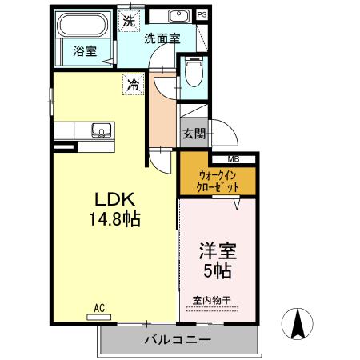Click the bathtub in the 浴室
[x=82, y=26]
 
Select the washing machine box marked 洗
[x=130, y=21]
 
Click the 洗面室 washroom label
[x=162, y=38]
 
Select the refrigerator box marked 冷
[x=131, y=83]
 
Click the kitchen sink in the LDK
[x=100, y=130]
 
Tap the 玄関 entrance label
[x=193, y=133]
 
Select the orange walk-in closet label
[x=218, y=181]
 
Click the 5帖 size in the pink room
[x=217, y=271]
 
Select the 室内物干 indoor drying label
[x=211, y=301]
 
